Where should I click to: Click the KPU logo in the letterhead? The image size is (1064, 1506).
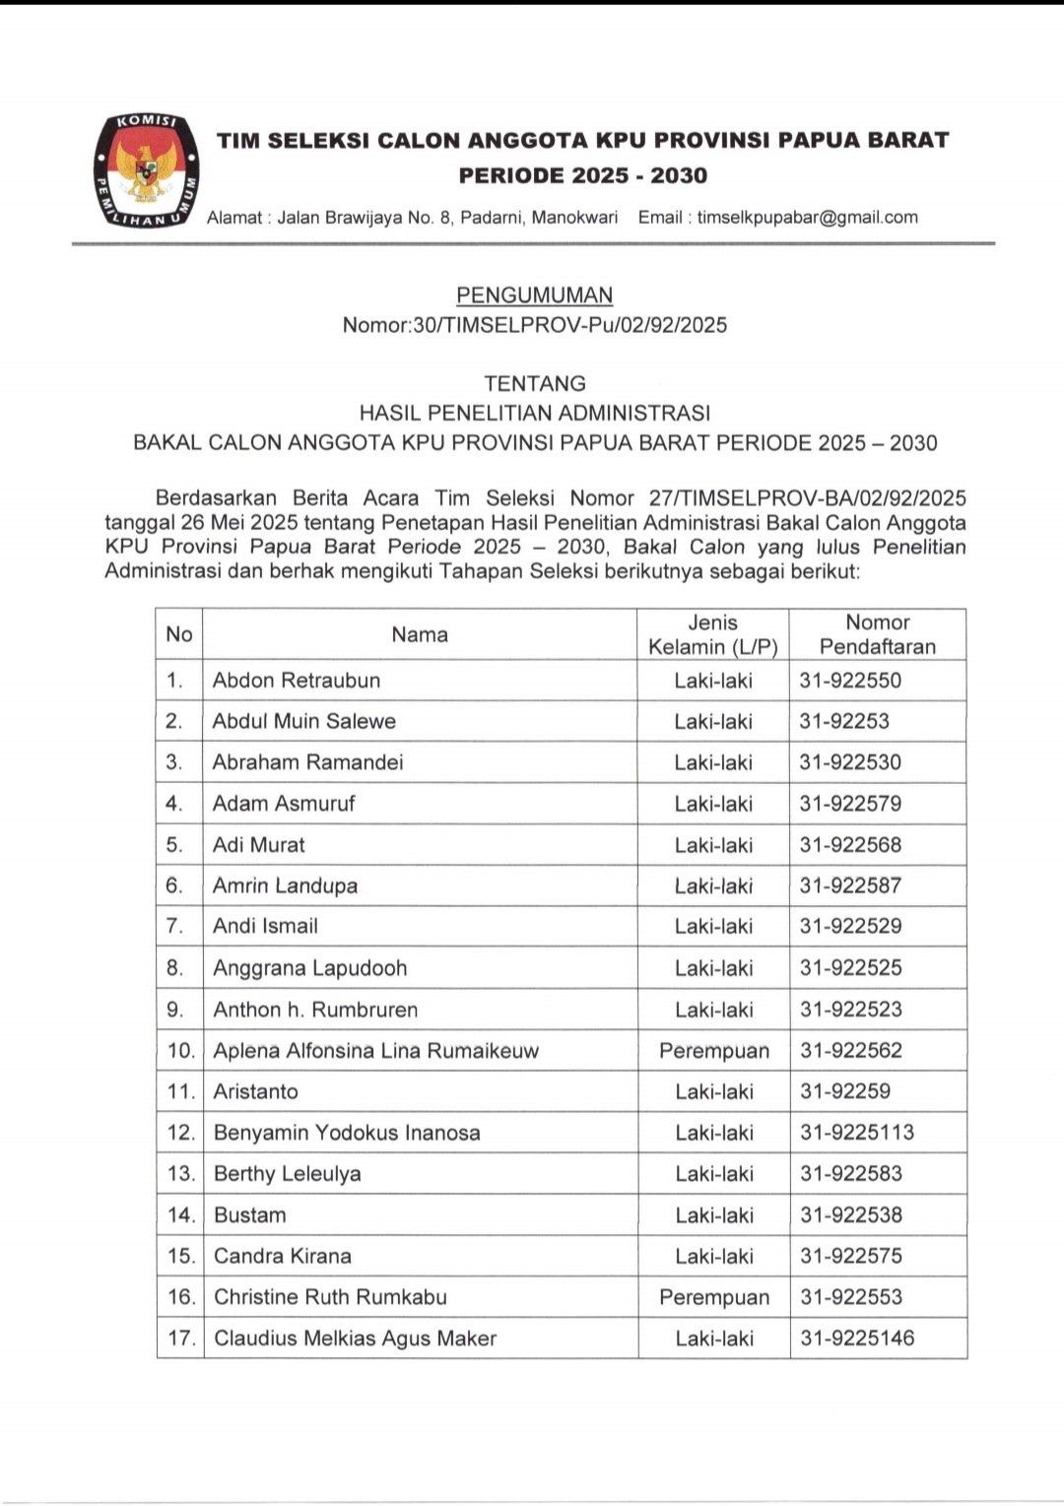click(147, 170)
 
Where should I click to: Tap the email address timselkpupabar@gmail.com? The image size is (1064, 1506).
click(807, 218)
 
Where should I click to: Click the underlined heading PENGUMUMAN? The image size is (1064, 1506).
click(534, 295)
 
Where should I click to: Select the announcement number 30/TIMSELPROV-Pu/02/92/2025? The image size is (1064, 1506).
click(570, 325)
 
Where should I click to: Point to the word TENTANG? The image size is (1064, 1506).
click(534, 383)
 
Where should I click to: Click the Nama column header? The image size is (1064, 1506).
click(420, 634)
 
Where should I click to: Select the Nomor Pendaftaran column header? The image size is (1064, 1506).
click(877, 634)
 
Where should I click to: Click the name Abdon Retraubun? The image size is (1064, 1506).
click(296, 681)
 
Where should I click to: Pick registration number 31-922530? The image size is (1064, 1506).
click(850, 762)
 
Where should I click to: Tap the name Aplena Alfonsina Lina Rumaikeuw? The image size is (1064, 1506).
click(376, 1051)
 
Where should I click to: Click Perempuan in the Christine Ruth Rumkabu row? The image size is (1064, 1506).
click(714, 1297)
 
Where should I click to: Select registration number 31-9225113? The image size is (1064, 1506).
click(857, 1133)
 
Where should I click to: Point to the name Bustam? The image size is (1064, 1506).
click(250, 1215)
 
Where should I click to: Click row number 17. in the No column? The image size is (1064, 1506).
click(181, 1339)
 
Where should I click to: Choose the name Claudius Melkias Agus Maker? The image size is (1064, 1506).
click(355, 1339)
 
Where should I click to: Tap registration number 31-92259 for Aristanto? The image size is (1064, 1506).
click(845, 1091)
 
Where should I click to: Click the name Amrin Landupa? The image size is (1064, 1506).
click(285, 885)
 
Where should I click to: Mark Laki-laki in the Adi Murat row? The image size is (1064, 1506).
click(713, 845)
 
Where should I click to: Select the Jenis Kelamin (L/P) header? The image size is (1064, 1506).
click(712, 634)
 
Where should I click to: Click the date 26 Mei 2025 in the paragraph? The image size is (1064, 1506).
click(240, 523)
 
